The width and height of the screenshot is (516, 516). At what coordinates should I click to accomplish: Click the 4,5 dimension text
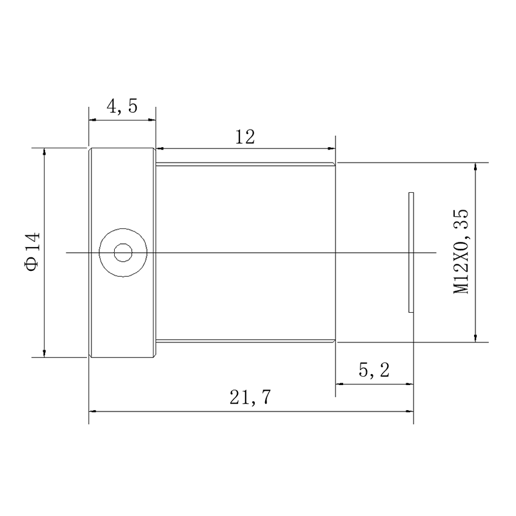[122, 106]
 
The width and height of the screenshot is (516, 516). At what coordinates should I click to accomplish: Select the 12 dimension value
[245, 137]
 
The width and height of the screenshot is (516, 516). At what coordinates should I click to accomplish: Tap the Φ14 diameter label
[33, 252]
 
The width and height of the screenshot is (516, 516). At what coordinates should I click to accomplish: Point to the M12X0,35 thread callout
[461, 251]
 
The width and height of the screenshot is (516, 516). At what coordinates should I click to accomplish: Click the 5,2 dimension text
[374, 370]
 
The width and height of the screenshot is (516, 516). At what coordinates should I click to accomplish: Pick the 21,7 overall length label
[250, 397]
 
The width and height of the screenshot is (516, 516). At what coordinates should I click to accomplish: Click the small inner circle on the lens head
[123, 253]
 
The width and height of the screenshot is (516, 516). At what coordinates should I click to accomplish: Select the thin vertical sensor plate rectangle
[411, 252]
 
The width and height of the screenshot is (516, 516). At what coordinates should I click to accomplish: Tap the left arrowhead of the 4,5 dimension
[92, 120]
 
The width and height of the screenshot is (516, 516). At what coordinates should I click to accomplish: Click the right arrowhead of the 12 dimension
[332, 149]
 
